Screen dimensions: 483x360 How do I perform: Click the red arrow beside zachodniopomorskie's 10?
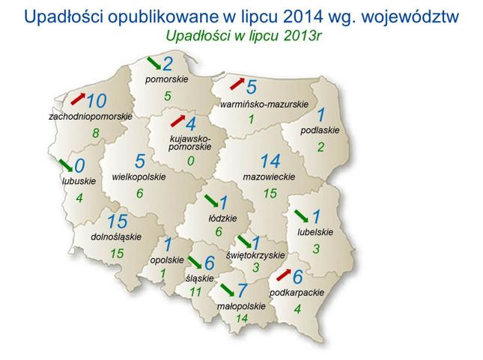point(78,99)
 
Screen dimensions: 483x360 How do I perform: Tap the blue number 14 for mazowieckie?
point(270,161)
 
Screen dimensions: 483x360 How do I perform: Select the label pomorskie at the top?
point(167,79)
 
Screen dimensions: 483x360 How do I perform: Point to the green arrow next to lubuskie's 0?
point(66,165)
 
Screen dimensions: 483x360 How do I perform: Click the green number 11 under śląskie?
point(195,292)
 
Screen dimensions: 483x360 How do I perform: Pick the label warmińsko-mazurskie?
point(264,104)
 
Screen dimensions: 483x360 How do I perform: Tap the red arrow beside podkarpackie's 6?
point(284,275)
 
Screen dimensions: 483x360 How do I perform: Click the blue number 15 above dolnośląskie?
point(118,221)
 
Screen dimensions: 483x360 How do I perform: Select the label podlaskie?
point(320,130)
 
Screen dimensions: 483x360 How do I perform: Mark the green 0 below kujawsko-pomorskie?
point(191,161)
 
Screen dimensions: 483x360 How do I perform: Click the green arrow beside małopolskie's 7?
point(228,290)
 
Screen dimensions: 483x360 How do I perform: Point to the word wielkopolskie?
point(139,177)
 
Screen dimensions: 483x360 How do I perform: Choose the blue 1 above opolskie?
point(168,245)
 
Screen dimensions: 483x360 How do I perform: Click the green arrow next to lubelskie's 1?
point(301,216)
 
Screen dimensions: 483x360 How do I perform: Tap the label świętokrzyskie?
point(255,255)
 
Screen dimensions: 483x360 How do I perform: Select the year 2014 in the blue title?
point(303,17)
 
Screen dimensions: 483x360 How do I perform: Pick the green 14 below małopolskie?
point(242,318)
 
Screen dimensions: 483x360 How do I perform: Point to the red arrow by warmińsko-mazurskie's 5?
point(237,84)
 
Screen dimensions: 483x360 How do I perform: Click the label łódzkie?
point(222,219)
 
